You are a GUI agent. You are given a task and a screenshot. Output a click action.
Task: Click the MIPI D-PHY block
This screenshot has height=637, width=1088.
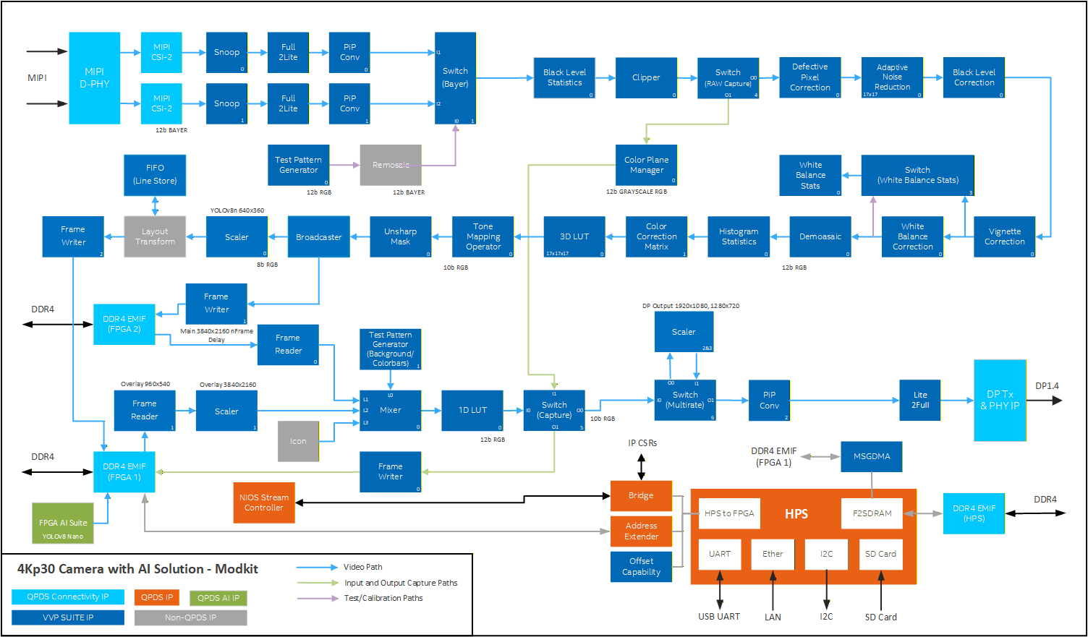[94, 78]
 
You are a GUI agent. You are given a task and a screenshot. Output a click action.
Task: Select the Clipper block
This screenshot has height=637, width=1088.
[646, 77]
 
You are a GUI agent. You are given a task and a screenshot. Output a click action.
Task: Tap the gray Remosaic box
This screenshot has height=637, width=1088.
[391, 165]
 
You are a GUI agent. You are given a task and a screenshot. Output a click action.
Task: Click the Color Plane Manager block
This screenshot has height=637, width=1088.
[646, 165]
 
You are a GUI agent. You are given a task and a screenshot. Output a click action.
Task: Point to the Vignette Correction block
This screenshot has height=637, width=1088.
[1004, 236]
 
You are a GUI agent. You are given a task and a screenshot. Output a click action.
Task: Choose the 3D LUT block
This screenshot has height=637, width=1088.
[574, 236]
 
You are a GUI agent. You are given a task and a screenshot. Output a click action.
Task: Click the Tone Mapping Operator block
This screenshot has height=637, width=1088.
[483, 236]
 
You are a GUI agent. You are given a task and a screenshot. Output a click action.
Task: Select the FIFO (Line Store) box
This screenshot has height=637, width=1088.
[155, 174]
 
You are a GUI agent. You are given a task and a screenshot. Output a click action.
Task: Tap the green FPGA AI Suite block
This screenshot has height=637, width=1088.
[63, 523]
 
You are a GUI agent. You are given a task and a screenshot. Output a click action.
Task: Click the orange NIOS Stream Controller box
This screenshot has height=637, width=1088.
[264, 503]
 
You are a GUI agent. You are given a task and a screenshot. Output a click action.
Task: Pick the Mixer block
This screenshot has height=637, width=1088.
[390, 410]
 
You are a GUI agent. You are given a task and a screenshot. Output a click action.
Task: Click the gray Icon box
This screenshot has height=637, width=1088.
[298, 441]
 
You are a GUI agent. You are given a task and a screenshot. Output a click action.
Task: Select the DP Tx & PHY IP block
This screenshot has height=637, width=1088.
[1000, 400]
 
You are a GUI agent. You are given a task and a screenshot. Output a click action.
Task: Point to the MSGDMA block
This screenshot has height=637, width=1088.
[871, 456]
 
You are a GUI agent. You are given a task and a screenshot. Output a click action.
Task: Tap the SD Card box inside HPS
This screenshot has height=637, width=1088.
[880, 554]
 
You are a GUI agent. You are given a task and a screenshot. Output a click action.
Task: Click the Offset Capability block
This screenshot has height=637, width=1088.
[641, 567]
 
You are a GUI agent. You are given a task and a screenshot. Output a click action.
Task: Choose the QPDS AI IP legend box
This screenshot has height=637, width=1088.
[218, 597]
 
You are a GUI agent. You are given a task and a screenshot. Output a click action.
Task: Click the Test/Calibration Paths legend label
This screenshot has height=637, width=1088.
[383, 598]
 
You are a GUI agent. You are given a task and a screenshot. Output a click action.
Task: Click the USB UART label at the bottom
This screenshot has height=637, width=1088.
[718, 617]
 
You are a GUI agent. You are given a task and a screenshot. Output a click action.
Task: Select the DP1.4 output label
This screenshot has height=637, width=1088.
[1047, 386]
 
